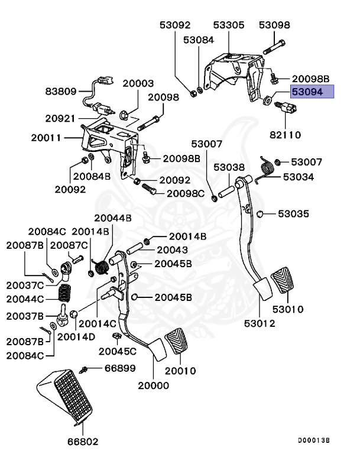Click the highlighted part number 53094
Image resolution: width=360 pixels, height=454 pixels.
pos(311,92)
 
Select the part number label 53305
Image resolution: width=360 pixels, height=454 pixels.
pos(228,25)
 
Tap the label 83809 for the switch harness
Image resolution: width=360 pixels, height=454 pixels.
pos(61,92)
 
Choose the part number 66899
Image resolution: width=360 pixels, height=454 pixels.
pos(120,368)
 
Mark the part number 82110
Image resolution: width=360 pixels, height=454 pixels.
pos(286,135)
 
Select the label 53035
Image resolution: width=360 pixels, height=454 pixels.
pos(294,213)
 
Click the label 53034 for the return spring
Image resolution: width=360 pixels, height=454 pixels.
pos(299,177)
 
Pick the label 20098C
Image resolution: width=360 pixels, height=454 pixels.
pos(185,193)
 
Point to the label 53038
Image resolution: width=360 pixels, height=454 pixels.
pos(229,167)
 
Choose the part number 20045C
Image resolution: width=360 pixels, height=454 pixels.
pos(117,351)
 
